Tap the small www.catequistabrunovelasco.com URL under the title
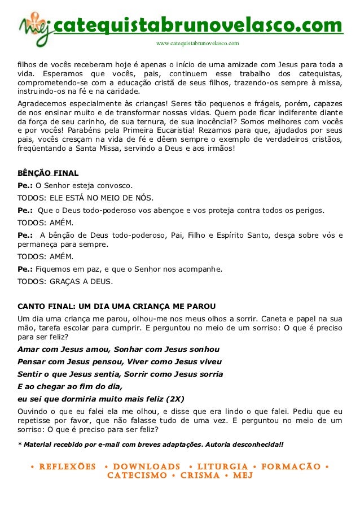coord(197,43)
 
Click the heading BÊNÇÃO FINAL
coord(49,173)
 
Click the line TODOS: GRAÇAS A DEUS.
coord(65,281)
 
